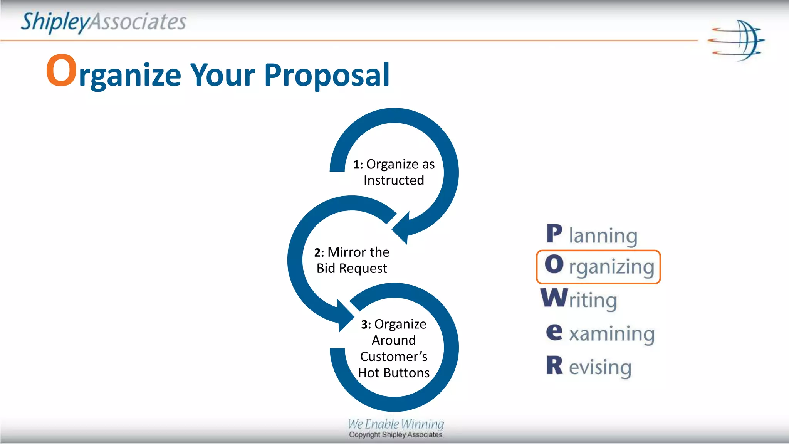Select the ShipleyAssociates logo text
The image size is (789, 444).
click(x=103, y=22)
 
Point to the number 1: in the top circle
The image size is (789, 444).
click(x=358, y=165)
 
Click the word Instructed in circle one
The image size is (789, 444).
click(x=394, y=180)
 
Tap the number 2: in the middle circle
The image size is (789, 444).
click(x=319, y=252)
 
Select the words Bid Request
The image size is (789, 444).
click(x=352, y=268)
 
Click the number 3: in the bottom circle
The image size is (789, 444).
click(x=366, y=325)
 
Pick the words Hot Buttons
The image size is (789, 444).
click(x=394, y=373)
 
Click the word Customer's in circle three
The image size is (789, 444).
click(x=394, y=357)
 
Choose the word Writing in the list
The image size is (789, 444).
click(x=579, y=299)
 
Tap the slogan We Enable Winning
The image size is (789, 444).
click(x=396, y=424)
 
